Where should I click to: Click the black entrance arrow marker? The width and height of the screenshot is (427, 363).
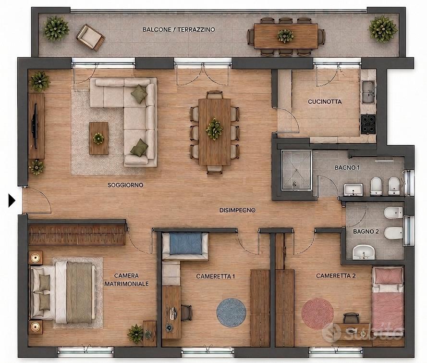coord(12,200)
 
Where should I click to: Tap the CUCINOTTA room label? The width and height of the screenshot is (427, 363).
coord(325,101)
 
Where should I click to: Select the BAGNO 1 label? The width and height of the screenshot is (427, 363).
coord(347,168)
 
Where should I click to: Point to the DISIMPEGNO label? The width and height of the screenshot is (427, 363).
coord(237,210)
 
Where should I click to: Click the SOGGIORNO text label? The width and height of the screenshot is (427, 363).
coord(125,185)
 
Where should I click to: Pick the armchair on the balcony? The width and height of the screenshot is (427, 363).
coord(90,38)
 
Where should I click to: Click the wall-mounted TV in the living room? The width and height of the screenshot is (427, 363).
coord(35,126)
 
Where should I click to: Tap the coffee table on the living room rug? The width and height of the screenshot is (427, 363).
coord(98,138)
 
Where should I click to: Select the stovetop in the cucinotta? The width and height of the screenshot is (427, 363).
coord(368,124)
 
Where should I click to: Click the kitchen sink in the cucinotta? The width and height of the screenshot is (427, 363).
coord(369,92)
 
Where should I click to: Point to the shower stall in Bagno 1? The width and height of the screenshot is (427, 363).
coord(296,170)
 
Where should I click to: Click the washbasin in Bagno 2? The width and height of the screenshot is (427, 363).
coord(364,252)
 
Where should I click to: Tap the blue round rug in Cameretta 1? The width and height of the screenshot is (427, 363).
coord(231,313)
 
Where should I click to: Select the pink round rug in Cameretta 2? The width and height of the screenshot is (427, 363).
coord(317,313)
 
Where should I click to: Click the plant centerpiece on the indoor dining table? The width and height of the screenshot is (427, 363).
coord(214,129)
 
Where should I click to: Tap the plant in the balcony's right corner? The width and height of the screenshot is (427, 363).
coord(383,29)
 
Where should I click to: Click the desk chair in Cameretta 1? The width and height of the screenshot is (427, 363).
coord(186,313)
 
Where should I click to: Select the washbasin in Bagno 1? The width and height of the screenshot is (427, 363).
coord(353,189)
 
